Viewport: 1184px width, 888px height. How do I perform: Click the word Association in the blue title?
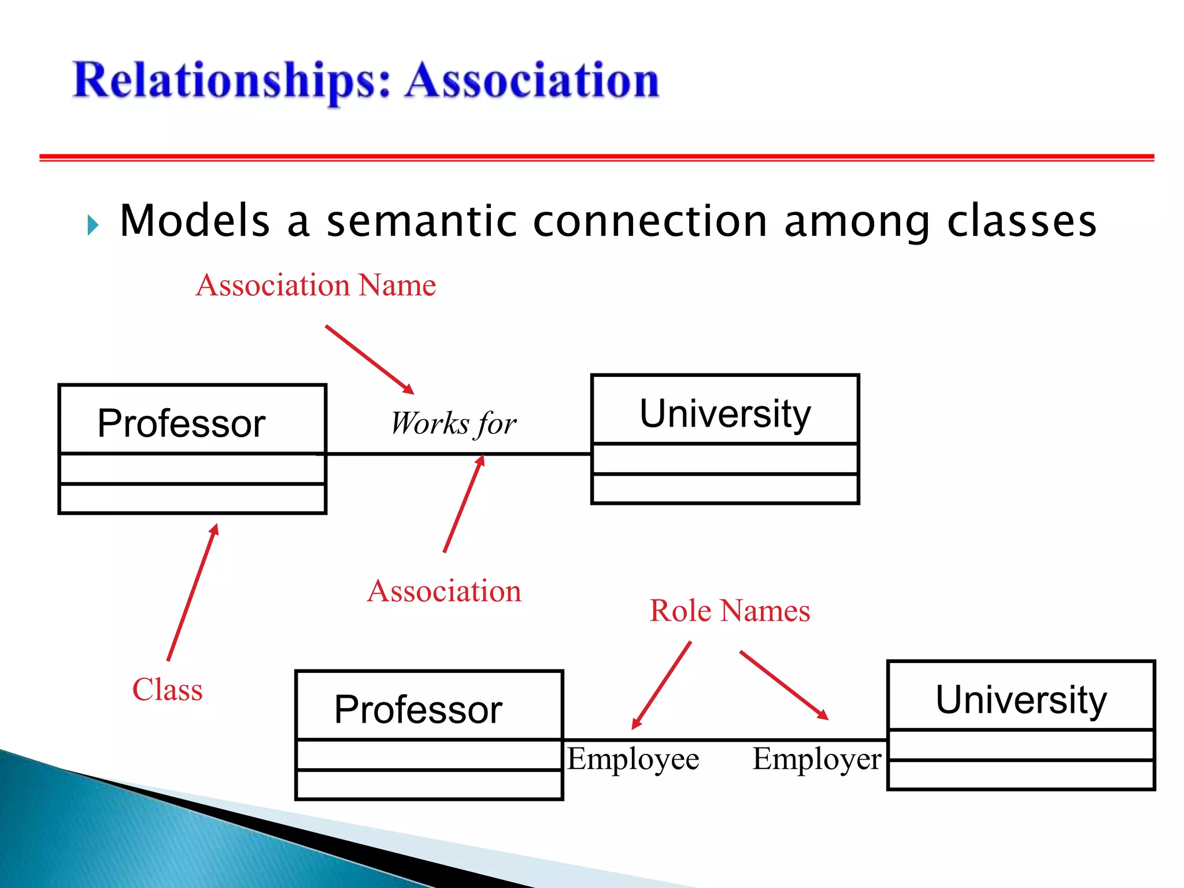(532, 81)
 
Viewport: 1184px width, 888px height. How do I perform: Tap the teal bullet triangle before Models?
(92, 225)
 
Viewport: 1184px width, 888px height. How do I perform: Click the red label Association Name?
(316, 285)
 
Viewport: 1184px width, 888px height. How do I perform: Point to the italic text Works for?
(453, 424)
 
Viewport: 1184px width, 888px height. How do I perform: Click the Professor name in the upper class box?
(181, 423)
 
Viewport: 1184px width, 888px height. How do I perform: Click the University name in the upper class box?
(725, 414)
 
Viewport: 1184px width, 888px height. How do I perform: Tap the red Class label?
(167, 690)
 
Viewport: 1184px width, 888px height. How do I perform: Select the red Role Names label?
(730, 611)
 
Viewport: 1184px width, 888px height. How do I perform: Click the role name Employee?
(633, 759)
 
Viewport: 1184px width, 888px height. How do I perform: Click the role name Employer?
(816, 759)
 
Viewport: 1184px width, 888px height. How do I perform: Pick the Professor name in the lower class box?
(418, 709)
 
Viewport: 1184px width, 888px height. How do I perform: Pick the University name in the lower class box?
(1021, 700)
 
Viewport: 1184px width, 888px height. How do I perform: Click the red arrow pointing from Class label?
(192, 593)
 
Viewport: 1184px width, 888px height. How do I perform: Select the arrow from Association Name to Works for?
(369, 360)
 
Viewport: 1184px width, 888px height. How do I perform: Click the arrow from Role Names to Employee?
(661, 685)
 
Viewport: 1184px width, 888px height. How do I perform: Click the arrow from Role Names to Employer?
(784, 685)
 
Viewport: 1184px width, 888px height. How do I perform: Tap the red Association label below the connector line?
(444, 591)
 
